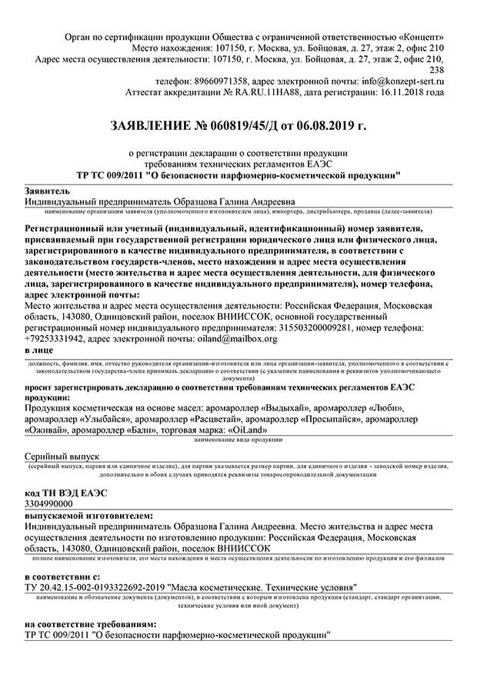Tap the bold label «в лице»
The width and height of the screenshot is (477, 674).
pyautogui.click(x=39, y=350)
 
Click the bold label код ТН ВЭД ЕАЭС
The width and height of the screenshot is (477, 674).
pyautogui.click(x=66, y=492)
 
